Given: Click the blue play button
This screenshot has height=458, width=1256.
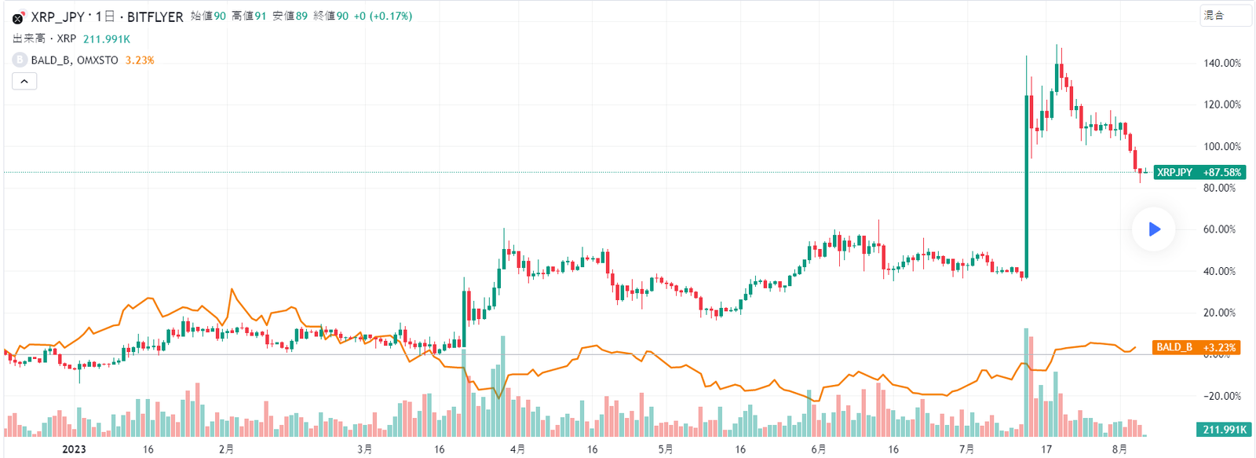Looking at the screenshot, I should tap(1154, 229).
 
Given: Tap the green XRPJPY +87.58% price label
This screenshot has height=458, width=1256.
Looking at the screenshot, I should tap(1199, 172).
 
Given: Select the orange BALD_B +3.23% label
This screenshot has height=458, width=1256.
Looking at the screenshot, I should tap(1196, 347).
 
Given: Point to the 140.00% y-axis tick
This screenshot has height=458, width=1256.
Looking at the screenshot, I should tap(1222, 63).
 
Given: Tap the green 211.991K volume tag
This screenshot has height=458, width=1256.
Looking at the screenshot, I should tap(1224, 429).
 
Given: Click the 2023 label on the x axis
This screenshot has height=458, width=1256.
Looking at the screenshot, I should tap(74, 449).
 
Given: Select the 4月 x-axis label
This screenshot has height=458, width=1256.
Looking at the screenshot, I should tap(517, 449).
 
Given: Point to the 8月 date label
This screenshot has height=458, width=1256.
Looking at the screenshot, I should tap(1119, 449).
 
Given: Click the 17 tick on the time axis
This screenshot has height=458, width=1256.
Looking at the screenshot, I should tap(1046, 449).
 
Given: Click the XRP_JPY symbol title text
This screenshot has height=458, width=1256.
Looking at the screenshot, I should tap(57, 16).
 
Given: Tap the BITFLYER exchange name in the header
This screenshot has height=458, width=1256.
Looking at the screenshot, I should tap(155, 16).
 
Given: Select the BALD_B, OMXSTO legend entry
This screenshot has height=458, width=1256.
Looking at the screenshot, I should tap(75, 60).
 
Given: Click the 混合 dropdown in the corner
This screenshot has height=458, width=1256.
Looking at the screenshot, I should tap(1225, 16).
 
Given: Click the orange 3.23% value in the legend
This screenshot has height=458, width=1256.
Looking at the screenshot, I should tap(140, 60).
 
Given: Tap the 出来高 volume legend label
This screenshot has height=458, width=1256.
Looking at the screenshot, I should tap(29, 38).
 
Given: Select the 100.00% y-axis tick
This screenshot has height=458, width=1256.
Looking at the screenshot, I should tap(1222, 146).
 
